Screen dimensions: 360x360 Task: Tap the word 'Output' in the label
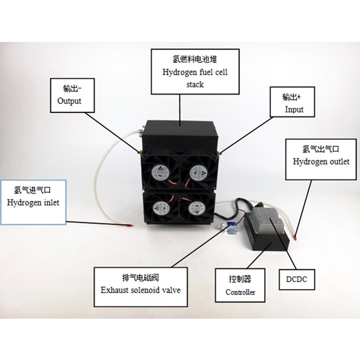point(69,101)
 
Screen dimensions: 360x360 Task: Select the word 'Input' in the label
point(294,109)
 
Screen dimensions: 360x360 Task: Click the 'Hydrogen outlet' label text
point(321,161)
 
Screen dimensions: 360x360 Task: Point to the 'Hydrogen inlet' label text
point(33,202)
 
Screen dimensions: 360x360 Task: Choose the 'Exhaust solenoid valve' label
point(141,289)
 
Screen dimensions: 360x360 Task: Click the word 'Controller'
point(240,292)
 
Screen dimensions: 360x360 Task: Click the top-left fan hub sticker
point(158,170)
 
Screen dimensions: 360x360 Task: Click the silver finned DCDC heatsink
point(270,222)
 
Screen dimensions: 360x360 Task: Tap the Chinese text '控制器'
point(240,279)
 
